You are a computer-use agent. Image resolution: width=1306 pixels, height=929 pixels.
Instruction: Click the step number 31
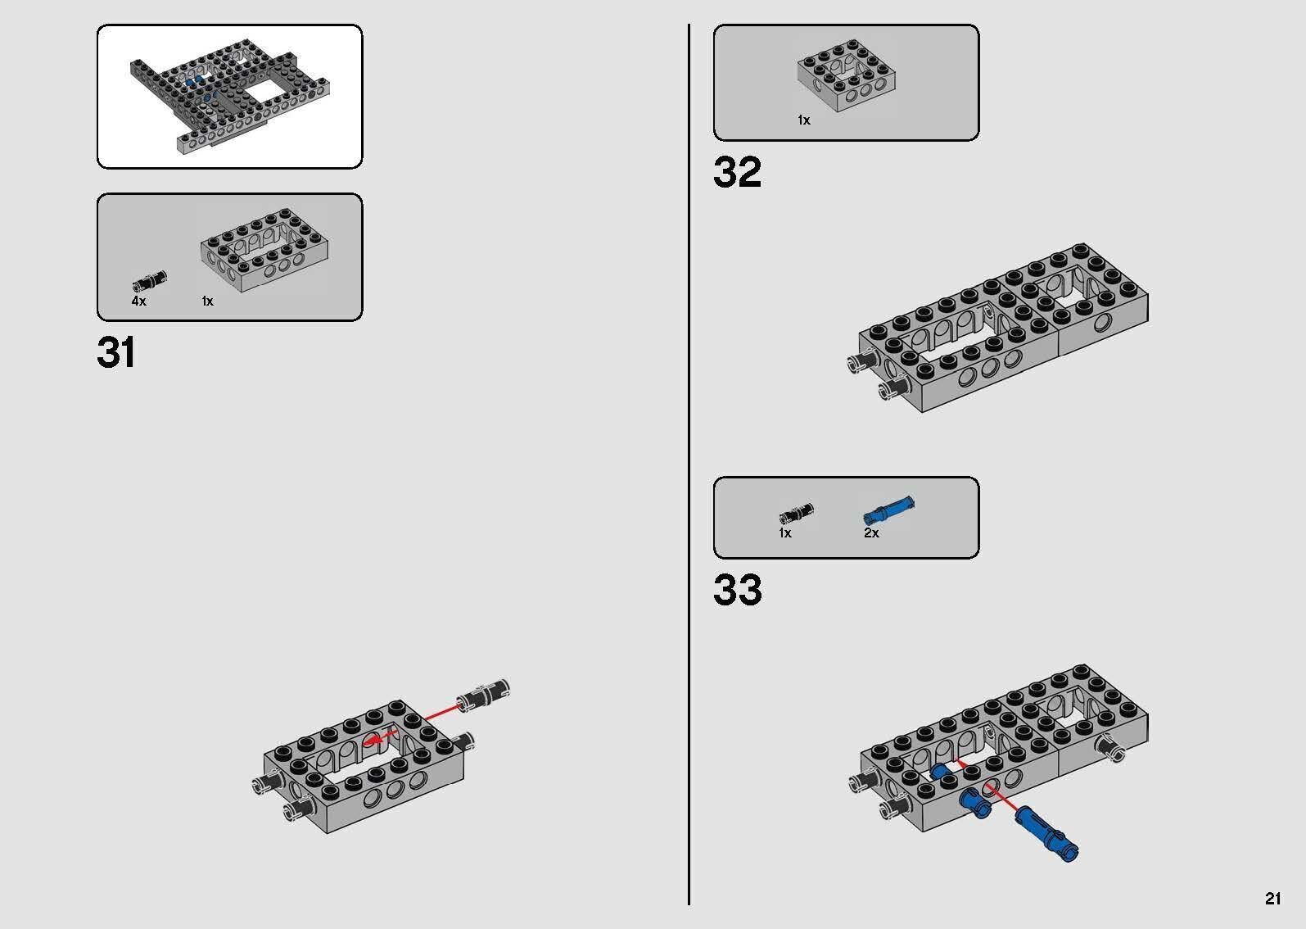click(x=116, y=353)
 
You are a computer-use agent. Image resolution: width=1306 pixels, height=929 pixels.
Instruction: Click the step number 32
click(x=737, y=173)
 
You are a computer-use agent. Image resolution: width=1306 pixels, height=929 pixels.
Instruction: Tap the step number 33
click(x=737, y=590)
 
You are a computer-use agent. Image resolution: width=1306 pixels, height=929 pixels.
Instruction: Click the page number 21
click(x=1272, y=899)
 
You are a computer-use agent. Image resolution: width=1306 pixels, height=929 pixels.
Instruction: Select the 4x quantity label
click(x=138, y=301)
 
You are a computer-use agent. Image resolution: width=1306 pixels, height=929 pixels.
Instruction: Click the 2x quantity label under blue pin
click(x=871, y=533)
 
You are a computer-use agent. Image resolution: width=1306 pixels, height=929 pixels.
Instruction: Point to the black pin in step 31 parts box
click(x=148, y=282)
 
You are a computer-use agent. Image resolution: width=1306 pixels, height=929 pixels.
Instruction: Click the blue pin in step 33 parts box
click(x=888, y=510)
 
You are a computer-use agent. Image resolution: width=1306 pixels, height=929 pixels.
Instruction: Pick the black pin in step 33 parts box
click(x=795, y=514)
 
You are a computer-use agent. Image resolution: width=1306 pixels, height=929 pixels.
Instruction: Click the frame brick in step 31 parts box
click(x=264, y=255)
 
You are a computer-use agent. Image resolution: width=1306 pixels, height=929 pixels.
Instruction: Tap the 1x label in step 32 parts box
click(x=803, y=120)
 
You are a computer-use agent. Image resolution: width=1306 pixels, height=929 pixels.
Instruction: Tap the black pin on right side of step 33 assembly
click(x=1114, y=749)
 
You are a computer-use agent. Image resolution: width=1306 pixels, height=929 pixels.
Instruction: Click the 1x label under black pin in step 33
click(x=784, y=533)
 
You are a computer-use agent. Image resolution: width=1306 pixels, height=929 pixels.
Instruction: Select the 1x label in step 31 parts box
click(x=207, y=301)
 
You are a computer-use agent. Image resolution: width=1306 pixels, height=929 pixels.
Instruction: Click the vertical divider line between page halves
click(x=689, y=459)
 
